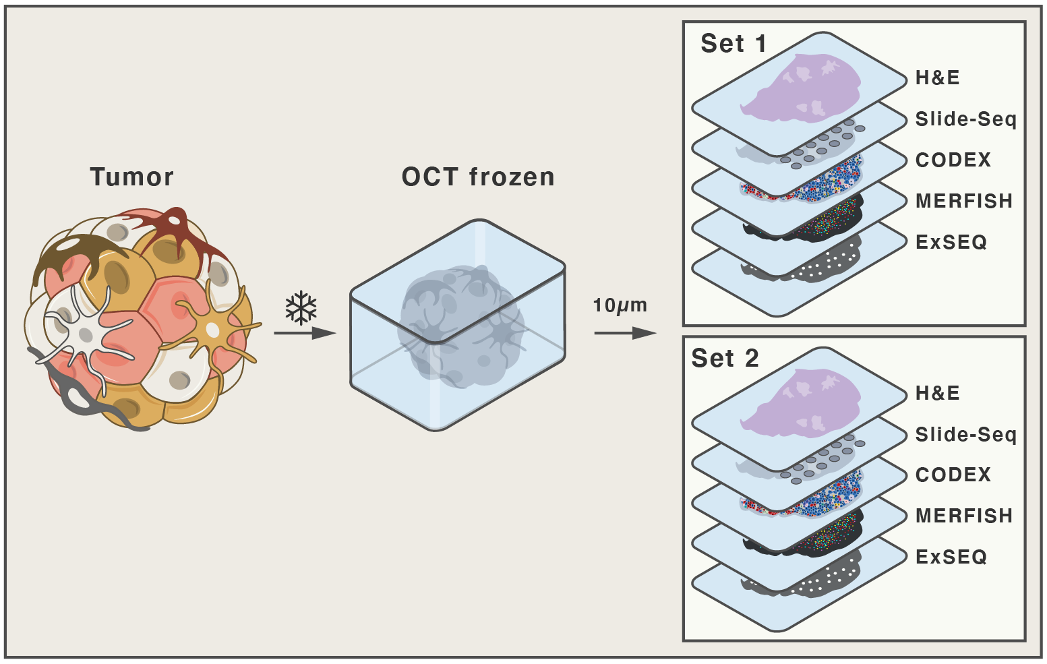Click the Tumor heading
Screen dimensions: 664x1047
coord(131,177)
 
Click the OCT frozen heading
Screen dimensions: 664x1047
coord(478,177)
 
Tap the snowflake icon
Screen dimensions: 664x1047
coord(301,307)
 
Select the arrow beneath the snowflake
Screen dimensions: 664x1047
coord(305,333)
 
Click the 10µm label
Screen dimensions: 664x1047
coord(620,305)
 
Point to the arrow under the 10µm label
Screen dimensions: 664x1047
coord(625,333)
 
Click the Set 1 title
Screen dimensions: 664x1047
coord(734,44)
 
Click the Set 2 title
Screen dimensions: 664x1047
coord(725,358)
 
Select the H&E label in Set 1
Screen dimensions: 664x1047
coord(937,78)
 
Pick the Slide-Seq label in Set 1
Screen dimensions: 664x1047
coord(965,119)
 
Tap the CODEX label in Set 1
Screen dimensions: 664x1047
coord(953,160)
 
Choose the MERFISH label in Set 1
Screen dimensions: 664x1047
coord(964,201)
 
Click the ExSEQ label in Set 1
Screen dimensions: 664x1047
coord(951,241)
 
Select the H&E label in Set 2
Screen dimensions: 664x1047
coord(937,392)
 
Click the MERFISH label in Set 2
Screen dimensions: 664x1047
coord(964,516)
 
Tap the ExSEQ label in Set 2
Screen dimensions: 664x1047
coord(951,557)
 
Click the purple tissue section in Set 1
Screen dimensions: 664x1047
coord(802,91)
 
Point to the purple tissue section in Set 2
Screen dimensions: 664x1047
coord(802,406)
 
